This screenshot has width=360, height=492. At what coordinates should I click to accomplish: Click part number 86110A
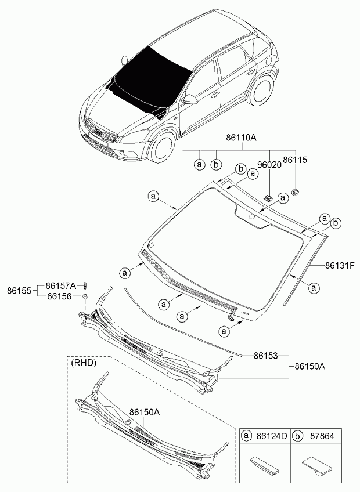237,138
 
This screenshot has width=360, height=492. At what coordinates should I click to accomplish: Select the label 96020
269,165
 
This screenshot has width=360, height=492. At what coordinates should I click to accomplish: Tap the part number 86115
295,160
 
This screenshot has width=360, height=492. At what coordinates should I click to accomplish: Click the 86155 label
19,290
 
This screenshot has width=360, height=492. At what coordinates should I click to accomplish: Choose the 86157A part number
61,285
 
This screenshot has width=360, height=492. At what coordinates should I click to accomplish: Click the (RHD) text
84,363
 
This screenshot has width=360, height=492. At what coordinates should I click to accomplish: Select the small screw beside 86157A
85,284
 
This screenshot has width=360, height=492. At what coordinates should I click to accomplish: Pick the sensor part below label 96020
268,197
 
